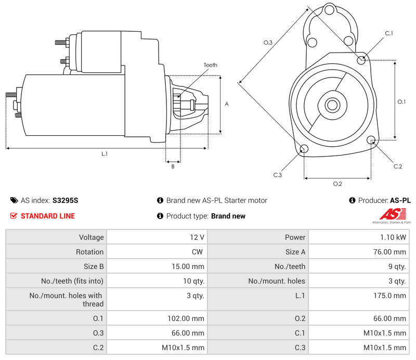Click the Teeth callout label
(x=210, y=65)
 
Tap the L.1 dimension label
(x=105, y=154)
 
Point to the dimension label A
(x=227, y=104)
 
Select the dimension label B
(x=173, y=166)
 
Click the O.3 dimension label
(x=268, y=43)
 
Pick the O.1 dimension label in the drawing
(x=401, y=102)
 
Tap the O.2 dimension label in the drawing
(x=337, y=184)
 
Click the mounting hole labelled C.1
(x=362, y=60)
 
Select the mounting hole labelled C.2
(x=371, y=140)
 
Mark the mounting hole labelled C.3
(x=305, y=150)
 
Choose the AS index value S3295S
(x=65, y=200)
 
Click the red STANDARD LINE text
(x=48, y=216)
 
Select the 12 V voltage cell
(x=197, y=237)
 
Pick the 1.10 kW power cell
(x=394, y=237)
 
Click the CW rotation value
(x=199, y=252)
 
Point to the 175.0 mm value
(x=393, y=295)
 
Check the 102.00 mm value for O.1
(x=190, y=318)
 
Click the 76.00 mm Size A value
(x=392, y=252)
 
